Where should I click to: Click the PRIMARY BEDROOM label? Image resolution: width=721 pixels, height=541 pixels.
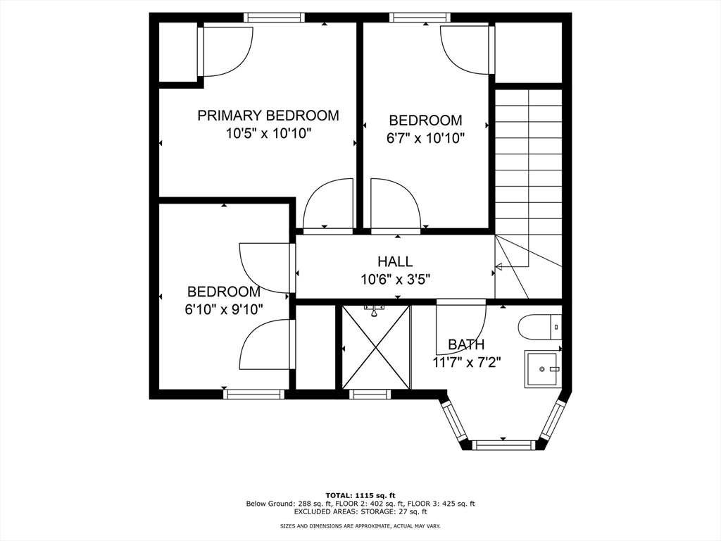(x=268, y=116)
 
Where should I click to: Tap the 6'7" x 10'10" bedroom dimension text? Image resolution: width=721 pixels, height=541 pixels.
(x=425, y=139)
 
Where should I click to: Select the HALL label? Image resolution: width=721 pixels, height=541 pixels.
(x=395, y=262)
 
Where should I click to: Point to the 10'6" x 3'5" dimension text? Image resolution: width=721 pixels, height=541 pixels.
(x=395, y=280)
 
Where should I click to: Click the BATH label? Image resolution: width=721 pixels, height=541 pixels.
(x=466, y=344)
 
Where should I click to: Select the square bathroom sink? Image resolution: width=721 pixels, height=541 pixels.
(x=542, y=370)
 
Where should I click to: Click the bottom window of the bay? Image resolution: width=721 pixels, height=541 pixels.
(x=503, y=444)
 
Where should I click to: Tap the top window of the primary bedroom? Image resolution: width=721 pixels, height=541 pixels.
(x=275, y=18)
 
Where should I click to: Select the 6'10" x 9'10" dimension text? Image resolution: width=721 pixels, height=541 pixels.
(x=224, y=309)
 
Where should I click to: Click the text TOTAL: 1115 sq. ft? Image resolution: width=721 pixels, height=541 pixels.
(x=360, y=495)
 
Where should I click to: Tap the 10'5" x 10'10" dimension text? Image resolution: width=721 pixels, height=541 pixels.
(x=268, y=134)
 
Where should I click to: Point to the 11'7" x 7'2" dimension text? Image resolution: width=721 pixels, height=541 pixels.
(x=466, y=362)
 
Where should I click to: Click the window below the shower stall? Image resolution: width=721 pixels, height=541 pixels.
(x=370, y=394)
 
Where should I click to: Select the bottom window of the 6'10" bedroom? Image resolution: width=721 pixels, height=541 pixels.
(x=254, y=394)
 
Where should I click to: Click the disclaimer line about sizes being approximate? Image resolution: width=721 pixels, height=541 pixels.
(x=360, y=526)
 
